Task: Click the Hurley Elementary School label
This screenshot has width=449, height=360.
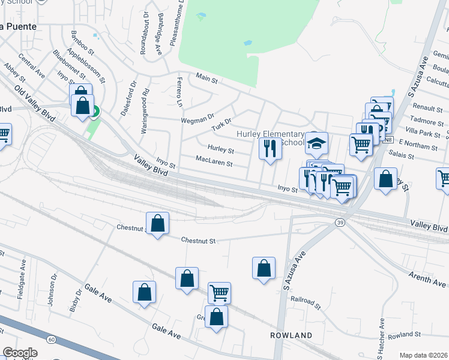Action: [x=271, y=139]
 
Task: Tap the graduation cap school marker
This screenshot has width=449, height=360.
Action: [x=316, y=144]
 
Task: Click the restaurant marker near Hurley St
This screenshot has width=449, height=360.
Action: [x=270, y=148]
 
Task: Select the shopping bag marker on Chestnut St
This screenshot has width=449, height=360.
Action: [x=157, y=224]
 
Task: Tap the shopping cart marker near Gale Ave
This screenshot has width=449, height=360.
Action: [x=219, y=293]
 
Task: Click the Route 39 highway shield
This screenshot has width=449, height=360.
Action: [x=340, y=223]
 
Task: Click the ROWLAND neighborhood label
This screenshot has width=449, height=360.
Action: [x=291, y=335]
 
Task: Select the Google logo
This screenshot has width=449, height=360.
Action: [x=19, y=353]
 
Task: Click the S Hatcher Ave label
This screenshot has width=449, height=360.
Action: [x=381, y=336]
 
